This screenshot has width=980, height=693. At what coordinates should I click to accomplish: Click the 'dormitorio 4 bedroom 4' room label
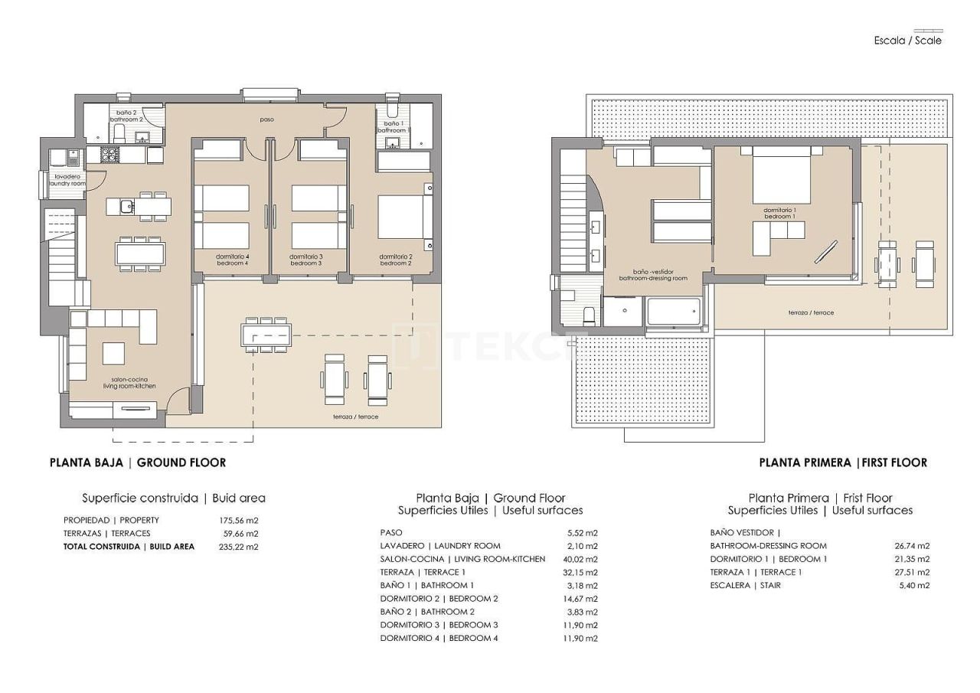coord(232,260)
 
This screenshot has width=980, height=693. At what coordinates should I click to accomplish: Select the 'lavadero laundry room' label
coord(67,180)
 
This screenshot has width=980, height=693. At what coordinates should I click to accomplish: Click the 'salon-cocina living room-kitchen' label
coord(129,383)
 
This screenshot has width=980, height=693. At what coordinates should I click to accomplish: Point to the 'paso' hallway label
coord(266,119)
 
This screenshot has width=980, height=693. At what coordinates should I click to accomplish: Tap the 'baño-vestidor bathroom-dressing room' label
coord(653,275)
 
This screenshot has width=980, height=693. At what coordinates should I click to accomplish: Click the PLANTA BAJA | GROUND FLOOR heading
coord(138,463)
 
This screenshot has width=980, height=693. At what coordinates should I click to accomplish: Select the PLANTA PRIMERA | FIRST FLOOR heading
coord(843,463)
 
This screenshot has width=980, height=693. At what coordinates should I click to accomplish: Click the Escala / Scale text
coord(907,41)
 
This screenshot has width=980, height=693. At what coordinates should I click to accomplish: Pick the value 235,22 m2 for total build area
coord(239,547)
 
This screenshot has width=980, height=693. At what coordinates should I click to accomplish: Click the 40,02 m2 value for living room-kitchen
coord(579,559)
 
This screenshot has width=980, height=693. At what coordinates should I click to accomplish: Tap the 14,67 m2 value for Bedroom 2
coord(579,599)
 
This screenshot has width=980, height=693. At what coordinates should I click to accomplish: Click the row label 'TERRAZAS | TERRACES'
coord(106,534)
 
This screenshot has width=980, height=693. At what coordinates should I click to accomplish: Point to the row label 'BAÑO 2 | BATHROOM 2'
coord(426,612)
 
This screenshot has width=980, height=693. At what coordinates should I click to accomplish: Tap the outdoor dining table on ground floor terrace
coord(266,335)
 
